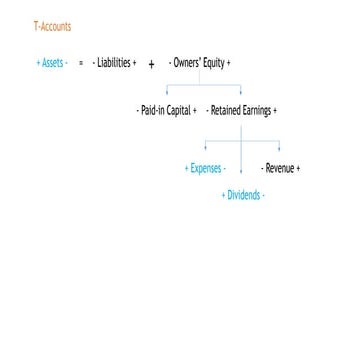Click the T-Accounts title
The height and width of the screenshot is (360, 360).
52,25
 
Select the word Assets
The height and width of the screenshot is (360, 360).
51,62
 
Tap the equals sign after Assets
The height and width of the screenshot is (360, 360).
79,62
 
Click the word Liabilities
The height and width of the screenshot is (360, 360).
114,62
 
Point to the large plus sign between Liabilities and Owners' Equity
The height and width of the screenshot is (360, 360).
150,63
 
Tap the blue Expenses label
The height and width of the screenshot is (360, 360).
206,168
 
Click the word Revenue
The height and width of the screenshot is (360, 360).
280,168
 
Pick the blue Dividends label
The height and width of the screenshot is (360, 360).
243,195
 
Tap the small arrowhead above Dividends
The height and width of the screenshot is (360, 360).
243,181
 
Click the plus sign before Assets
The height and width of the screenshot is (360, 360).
37,62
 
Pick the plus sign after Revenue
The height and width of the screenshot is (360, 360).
298,168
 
